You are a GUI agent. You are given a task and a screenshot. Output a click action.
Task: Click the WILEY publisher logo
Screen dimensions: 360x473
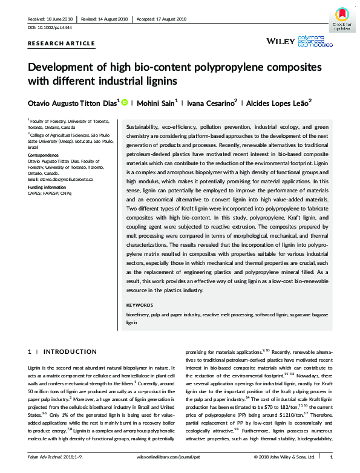(284, 42)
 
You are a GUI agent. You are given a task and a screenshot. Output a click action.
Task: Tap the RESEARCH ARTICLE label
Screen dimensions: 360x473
(62, 44)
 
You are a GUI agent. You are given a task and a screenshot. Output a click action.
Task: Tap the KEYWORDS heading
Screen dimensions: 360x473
(139, 305)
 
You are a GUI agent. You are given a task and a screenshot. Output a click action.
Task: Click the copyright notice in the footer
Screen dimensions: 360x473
(283, 458)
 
